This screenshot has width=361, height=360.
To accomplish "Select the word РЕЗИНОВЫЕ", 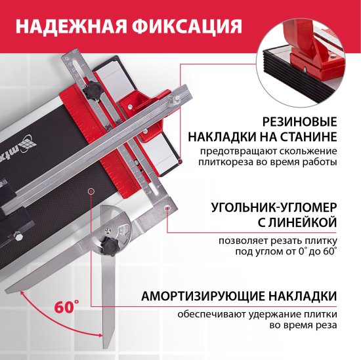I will point(299,123).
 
